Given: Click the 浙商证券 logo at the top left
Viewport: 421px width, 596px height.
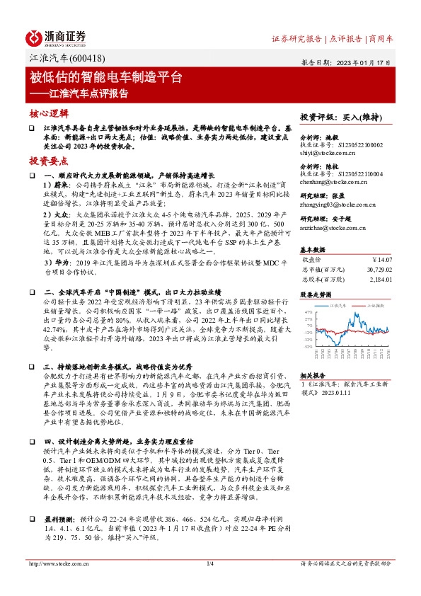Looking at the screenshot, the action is coord(56,37).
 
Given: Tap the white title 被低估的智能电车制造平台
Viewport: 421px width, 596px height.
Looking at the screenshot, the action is coord(105,76).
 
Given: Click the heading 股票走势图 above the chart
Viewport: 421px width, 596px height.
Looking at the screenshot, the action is coord(316,293).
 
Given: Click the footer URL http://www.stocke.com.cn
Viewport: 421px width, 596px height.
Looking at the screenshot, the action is coord(56,583).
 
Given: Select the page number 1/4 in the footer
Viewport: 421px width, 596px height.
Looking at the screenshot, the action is coord(209,583).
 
